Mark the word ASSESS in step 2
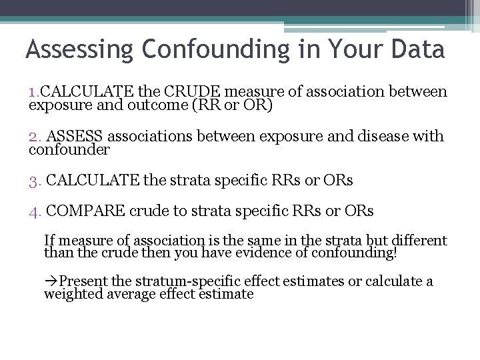(77, 137)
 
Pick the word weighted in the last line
(69, 294)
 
